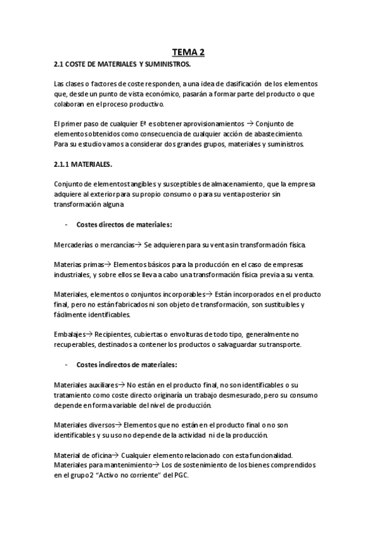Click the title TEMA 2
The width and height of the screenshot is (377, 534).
pos(188,53)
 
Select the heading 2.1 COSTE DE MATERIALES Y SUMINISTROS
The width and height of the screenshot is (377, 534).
pos(122,64)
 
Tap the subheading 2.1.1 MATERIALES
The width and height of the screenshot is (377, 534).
pos(83,164)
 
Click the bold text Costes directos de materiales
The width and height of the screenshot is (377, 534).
pos(124,224)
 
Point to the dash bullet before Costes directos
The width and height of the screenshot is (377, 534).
pos(66,225)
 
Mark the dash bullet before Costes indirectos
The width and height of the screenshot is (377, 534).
pos(66,365)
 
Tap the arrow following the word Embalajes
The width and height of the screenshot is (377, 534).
pos(89,334)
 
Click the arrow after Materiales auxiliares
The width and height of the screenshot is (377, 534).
pos(122,384)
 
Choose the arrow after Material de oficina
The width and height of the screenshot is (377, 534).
pos(115,455)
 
